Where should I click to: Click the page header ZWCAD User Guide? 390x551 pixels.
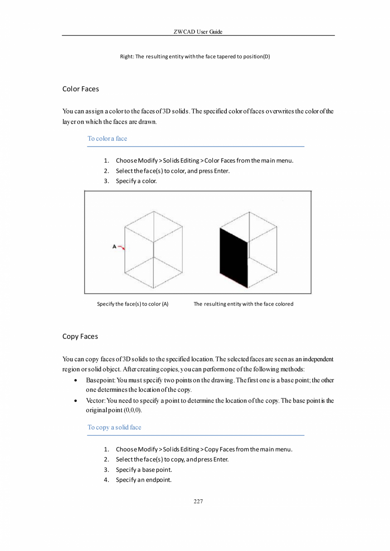pos(198,32)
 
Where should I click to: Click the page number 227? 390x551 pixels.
pos(198,501)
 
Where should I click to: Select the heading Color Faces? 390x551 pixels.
pos(81,89)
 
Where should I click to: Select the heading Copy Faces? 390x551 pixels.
pos(80,336)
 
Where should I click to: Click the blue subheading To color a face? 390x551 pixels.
pos(107,139)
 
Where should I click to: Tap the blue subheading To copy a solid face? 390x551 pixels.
pos(114,427)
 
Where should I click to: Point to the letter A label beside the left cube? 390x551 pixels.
pos(114,246)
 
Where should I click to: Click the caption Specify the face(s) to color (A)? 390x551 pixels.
pos(133,304)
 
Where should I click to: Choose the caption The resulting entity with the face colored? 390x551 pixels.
pos(243,304)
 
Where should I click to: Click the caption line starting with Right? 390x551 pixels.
pos(195,56)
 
